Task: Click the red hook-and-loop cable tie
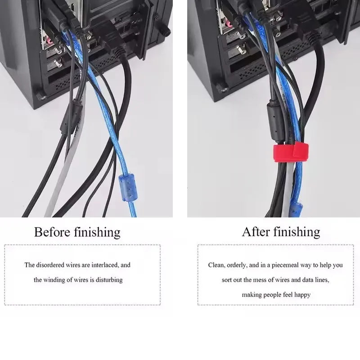(x=291, y=152)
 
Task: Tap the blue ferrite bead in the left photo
(x=128, y=188)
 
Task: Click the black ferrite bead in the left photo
(x=72, y=117)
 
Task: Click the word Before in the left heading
(x=52, y=232)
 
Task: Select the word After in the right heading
(x=256, y=232)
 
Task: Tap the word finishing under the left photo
(x=97, y=232)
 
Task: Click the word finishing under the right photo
(x=297, y=232)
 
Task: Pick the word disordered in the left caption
(x=50, y=265)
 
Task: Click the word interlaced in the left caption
(x=105, y=265)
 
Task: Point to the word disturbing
(x=109, y=280)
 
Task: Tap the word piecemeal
(x=285, y=265)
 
